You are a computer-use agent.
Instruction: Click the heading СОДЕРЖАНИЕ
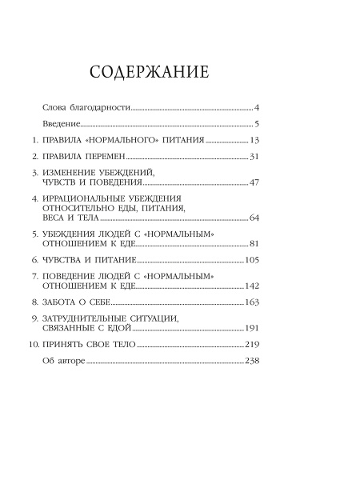click(x=150, y=72)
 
